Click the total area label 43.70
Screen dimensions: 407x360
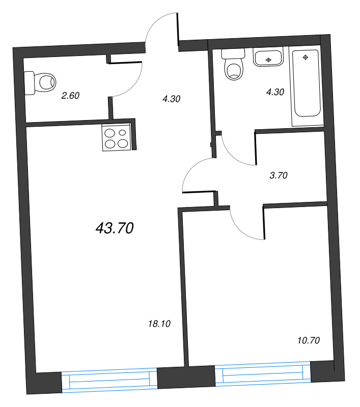[115, 229]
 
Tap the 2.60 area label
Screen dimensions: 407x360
[71, 95]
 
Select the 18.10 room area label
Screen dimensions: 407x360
[158, 323]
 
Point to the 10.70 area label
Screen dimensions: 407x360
[308, 340]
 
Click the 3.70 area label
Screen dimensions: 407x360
[279, 176]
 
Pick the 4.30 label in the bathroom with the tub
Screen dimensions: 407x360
[275, 92]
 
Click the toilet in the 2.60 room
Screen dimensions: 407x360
[41, 82]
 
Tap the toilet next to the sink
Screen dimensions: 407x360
[233, 66]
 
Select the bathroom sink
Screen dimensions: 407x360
[269, 57]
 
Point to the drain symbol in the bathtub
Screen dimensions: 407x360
[306, 57]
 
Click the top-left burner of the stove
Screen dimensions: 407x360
[110, 133]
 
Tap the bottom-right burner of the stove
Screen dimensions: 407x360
[122, 143]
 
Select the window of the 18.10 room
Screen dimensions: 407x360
[109, 380]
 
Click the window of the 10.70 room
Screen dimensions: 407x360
[263, 375]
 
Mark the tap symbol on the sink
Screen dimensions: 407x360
[269, 60]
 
